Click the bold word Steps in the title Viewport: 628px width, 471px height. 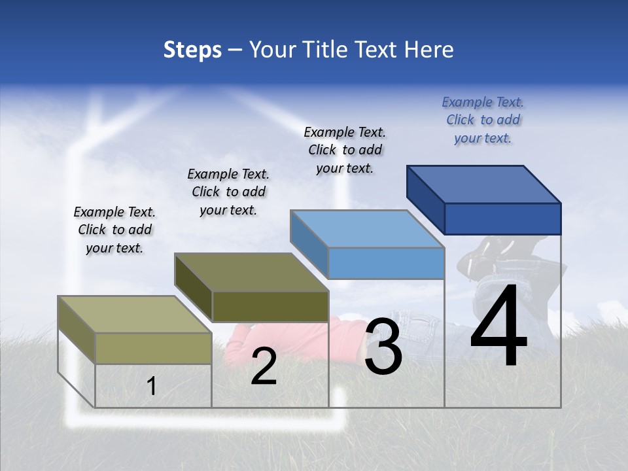(192, 50)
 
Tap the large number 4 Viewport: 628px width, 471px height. (498, 327)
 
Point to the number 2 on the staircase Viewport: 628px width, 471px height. (264, 366)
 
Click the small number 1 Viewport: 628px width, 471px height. (152, 386)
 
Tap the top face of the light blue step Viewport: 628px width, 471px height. (366, 229)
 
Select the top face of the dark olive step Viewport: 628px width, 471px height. (251, 272)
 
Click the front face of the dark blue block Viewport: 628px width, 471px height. (502, 218)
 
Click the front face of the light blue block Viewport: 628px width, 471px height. (386, 263)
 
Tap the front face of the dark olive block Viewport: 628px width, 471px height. (270, 306)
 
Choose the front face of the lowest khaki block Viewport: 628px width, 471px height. (153, 348)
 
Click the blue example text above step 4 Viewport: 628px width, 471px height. (483, 120)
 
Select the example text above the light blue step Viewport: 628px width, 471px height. (345, 150)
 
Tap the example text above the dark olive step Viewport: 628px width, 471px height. (228, 192)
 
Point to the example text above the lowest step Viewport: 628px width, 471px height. (114, 230)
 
